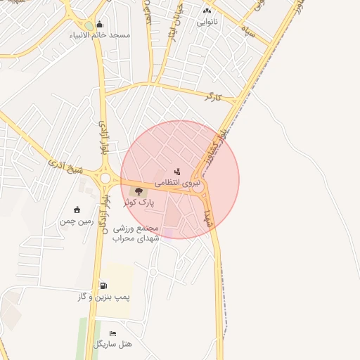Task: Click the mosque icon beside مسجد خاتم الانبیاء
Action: pyautogui.click(x=98, y=25)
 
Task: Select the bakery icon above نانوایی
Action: pyautogui.click(x=207, y=11)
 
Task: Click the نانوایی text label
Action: pyautogui.click(x=207, y=22)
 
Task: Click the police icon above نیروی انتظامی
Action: pyautogui.click(x=177, y=171)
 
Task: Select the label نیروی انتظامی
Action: pyautogui.click(x=177, y=181)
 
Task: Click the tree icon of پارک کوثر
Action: pyautogui.click(x=139, y=191)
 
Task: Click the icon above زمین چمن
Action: pyautogui.click(x=77, y=210)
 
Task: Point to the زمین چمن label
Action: pyautogui.click(x=76, y=221)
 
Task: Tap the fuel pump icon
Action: pyautogui.click(x=104, y=286)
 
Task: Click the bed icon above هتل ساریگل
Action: pyautogui.click(x=112, y=333)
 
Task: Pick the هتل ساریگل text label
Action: pyautogui.click(x=112, y=344)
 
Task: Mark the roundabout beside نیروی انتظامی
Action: pyautogui.click(x=198, y=188)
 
